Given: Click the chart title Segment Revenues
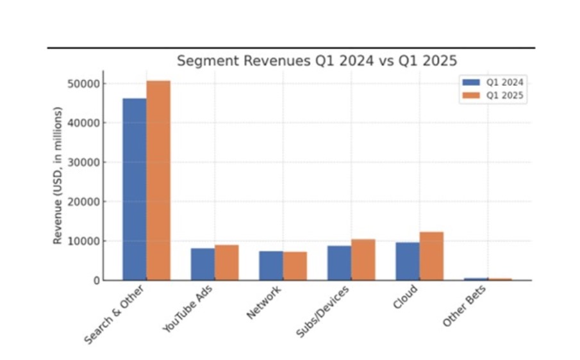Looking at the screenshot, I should [317, 61].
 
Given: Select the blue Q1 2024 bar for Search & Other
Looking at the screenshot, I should [135, 189].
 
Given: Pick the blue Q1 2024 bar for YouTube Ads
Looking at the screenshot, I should [203, 264].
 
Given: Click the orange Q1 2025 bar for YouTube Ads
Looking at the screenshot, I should [226, 263].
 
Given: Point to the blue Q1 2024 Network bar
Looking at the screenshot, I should [271, 265].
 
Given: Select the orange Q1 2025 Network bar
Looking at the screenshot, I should [295, 266].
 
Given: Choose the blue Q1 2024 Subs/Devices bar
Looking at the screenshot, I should [339, 263].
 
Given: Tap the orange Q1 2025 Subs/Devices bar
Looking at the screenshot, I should [363, 259].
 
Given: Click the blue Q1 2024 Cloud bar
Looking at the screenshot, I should [407, 261].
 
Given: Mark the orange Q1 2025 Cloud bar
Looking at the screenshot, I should [431, 256].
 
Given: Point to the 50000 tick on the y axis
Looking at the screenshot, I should [84, 84].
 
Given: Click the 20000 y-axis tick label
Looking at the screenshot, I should [84, 202].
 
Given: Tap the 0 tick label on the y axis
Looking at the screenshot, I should [97, 281].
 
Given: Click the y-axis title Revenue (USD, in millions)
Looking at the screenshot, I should [58, 176].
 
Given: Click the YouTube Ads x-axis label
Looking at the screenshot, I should [190, 308].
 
